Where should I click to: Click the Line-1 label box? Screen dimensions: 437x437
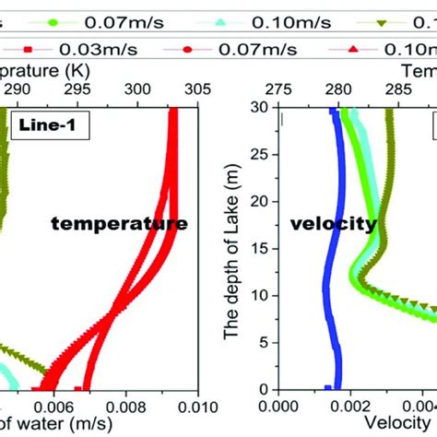click(49, 125)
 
